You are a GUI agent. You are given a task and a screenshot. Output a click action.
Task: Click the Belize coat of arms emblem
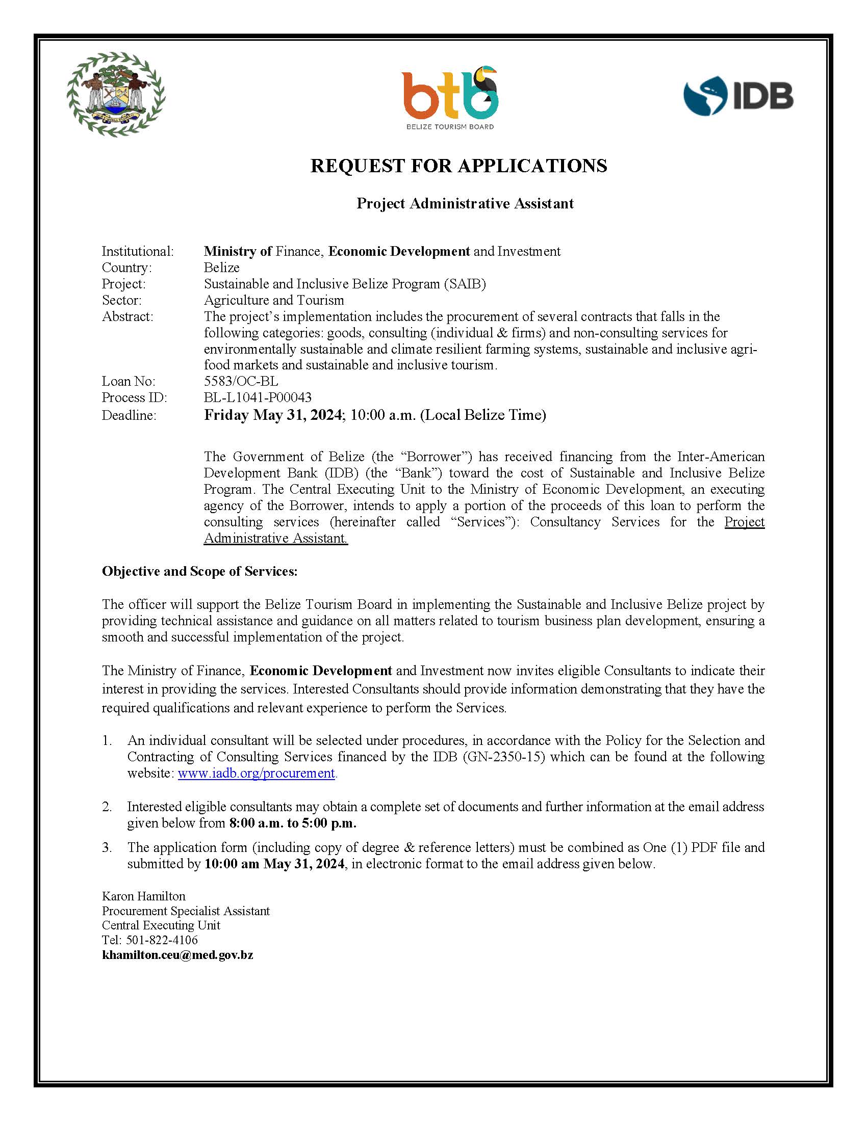pyautogui.click(x=116, y=94)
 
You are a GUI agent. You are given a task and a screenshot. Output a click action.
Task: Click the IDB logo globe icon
pyautogui.click(x=705, y=95)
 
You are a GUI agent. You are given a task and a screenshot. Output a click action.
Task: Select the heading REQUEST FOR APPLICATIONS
pyautogui.click(x=458, y=166)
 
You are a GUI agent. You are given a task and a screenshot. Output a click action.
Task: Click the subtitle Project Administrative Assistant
pyautogui.click(x=465, y=204)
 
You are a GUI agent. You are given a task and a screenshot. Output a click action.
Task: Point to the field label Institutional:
pyautogui.click(x=138, y=252)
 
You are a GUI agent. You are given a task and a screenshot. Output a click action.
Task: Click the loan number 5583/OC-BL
pyautogui.click(x=241, y=381)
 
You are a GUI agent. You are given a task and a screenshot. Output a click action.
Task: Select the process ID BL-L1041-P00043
pyautogui.click(x=258, y=398)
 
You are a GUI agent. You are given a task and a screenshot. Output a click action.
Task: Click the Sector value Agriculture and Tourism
pyautogui.click(x=274, y=300)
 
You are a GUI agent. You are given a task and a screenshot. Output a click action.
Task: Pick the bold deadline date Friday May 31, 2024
pyautogui.click(x=273, y=415)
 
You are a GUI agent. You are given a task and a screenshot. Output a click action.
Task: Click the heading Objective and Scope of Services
pyautogui.click(x=199, y=571)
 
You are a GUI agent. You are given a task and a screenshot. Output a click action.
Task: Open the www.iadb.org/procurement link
pyautogui.click(x=257, y=773)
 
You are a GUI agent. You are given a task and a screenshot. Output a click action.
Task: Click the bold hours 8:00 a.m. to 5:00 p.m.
pyautogui.click(x=293, y=823)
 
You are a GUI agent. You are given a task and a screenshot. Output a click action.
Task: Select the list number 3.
pyautogui.click(x=107, y=847)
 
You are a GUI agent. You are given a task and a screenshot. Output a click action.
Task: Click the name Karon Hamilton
pyautogui.click(x=144, y=896)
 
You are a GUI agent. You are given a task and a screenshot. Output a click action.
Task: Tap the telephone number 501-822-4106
pyautogui.click(x=161, y=940)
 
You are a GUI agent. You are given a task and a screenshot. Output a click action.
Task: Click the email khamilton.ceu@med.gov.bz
pyautogui.click(x=177, y=955)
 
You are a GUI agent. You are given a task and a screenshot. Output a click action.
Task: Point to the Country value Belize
pyautogui.click(x=221, y=268)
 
